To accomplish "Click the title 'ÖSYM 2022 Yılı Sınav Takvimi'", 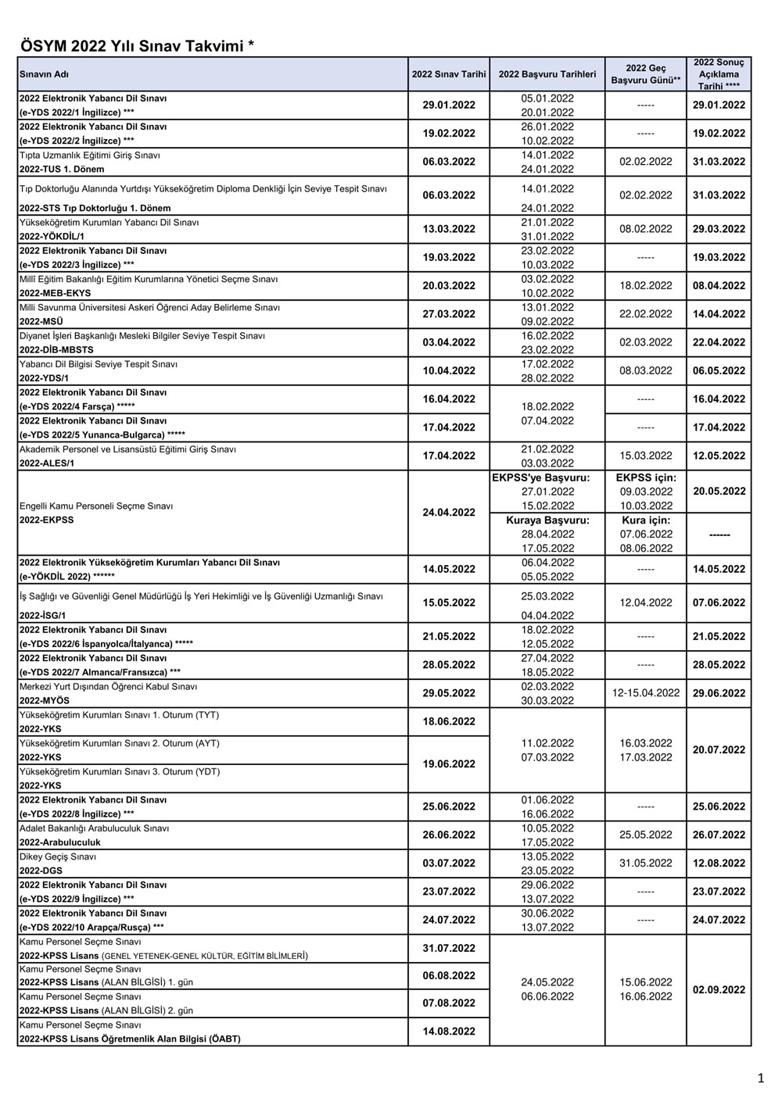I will tap(137, 46).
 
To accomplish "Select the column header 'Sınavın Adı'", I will tap(44, 74).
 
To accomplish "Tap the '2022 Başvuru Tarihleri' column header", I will tap(547, 74).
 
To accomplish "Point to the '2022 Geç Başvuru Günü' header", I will tap(645, 74).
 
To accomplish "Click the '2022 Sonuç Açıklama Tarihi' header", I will tap(719, 74).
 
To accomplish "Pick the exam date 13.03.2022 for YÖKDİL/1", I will tap(449, 229).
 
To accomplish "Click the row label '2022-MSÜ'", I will tap(41, 321).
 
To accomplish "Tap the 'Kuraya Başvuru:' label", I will tap(547, 520).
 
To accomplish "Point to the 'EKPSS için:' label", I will tap(646, 477).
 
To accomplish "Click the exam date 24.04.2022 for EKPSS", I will tap(449, 513).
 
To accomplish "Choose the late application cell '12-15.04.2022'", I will tap(646, 693).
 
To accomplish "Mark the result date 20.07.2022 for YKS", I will tap(719, 750).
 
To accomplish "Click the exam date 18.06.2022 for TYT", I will tap(449, 721).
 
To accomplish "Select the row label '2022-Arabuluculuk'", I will tap(60, 842).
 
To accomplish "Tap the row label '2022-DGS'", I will tap(41, 871).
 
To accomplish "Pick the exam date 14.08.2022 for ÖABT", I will tap(449, 1032).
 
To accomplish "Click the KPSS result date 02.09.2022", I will tap(719, 989).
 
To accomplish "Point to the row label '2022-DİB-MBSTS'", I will tap(56, 350).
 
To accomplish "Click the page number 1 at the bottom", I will tap(760, 1079).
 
